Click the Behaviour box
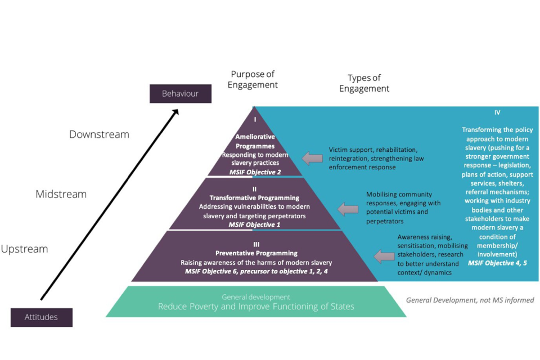click(x=180, y=93)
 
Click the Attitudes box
click(x=41, y=317)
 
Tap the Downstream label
click(x=99, y=134)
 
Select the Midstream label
click(x=61, y=194)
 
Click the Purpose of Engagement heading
click(x=254, y=80)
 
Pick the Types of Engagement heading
click(x=364, y=83)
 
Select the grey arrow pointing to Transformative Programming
click(x=348, y=209)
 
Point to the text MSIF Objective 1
click(x=254, y=224)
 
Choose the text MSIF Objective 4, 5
click(x=497, y=263)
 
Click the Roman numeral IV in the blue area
click(x=497, y=112)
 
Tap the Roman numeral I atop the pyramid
click(x=255, y=119)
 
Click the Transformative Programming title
click(x=254, y=198)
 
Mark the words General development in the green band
click(x=256, y=296)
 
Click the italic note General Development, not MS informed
click(x=470, y=300)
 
